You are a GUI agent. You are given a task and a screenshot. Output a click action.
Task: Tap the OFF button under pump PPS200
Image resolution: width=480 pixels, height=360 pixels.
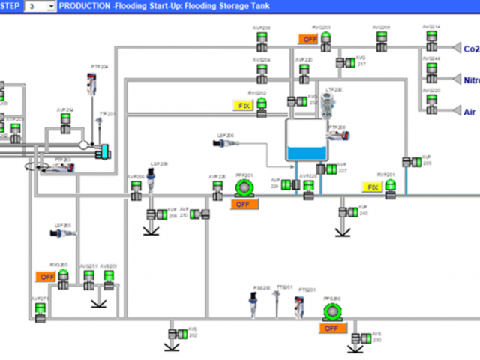click(x=331, y=328)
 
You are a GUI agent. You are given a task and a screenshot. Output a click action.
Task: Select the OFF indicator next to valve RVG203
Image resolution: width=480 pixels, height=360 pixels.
click(x=307, y=39)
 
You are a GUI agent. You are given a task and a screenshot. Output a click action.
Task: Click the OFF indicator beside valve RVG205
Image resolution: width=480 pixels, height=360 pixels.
click(x=43, y=277)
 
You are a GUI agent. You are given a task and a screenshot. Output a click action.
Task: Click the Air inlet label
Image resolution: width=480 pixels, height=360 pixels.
click(x=469, y=112)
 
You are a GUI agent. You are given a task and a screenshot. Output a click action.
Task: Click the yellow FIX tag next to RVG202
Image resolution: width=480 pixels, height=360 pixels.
click(x=243, y=106)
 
